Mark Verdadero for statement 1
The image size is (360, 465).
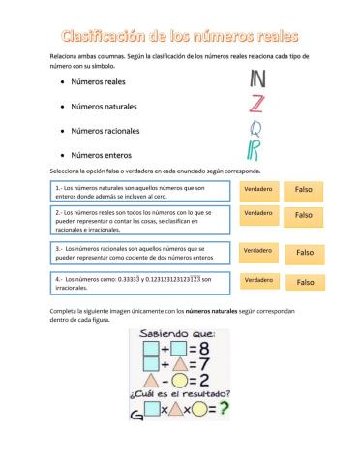[257, 189]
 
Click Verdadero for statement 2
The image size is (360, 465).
[257, 213]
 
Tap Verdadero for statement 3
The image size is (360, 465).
[257, 251]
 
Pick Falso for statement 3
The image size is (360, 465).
[305, 252]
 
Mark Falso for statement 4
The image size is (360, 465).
[305, 282]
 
